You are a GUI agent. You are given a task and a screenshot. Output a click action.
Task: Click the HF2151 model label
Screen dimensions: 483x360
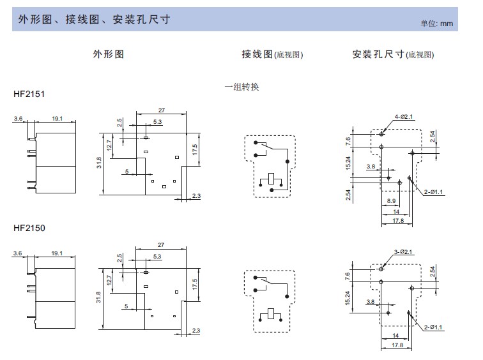[x=29, y=94]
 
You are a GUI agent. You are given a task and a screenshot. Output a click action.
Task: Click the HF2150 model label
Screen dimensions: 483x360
[x=29, y=228]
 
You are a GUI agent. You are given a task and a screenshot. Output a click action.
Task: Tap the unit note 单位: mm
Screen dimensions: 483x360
[x=437, y=24]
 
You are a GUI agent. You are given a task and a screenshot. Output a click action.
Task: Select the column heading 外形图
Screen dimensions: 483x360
[x=109, y=54]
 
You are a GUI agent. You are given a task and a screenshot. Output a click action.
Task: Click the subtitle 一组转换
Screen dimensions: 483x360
[x=241, y=87]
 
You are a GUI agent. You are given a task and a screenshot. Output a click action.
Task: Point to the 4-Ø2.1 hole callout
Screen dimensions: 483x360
[x=404, y=117]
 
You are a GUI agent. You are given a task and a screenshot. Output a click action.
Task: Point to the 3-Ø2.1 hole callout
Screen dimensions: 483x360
[x=403, y=252]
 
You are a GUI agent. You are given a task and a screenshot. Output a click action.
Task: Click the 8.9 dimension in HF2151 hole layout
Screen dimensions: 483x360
[x=391, y=201]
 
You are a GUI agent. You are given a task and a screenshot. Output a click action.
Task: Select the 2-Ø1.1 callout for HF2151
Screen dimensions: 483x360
[x=433, y=192]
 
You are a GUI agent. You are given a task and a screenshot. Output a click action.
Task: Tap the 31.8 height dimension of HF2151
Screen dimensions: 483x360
[x=99, y=163]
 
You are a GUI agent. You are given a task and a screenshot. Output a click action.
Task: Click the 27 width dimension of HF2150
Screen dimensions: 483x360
[x=161, y=245]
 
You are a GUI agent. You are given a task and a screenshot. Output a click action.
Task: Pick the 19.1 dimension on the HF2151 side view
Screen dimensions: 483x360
[x=57, y=119]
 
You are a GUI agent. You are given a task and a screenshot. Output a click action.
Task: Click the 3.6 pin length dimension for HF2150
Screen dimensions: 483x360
[x=17, y=253]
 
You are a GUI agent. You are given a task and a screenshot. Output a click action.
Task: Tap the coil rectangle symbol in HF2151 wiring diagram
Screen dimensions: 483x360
[x=271, y=179]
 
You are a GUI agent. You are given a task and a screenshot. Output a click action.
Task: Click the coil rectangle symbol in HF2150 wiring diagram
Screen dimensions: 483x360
[x=271, y=313]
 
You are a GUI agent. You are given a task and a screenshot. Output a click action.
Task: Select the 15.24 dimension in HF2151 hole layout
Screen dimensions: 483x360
[x=348, y=163]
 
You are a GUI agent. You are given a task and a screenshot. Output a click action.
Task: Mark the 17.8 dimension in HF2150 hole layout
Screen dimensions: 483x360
[x=397, y=345]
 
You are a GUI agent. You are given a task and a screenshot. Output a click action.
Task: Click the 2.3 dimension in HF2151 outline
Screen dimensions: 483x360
[x=196, y=196]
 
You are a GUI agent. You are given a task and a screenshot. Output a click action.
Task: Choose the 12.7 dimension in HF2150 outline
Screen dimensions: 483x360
[x=109, y=280]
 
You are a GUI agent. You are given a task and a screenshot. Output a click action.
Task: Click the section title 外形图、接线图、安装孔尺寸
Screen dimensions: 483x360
[x=95, y=19]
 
